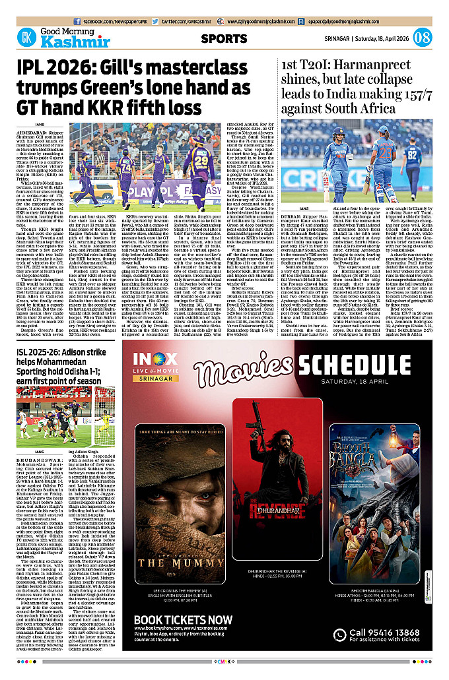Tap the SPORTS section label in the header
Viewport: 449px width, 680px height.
coord(224,39)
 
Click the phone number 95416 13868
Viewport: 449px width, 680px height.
coord(391,632)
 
